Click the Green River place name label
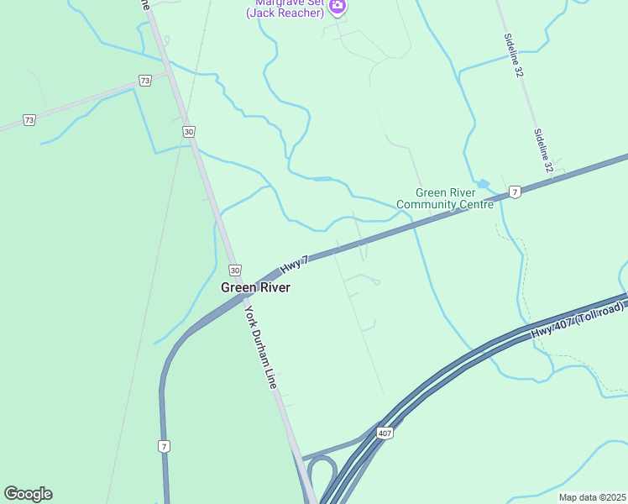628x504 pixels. click(x=255, y=287)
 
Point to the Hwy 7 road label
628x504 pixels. click(x=295, y=264)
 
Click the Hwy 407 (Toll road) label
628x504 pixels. click(x=578, y=321)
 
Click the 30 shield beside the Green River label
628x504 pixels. click(x=234, y=270)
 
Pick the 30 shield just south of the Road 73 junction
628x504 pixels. click(x=188, y=132)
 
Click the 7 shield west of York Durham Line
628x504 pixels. click(x=164, y=446)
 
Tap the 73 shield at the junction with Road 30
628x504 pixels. click(x=145, y=81)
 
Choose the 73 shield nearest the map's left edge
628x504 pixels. click(x=29, y=120)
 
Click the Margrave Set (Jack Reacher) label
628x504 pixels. click(x=285, y=9)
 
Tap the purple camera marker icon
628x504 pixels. click(x=337, y=6)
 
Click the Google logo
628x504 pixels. click(x=28, y=494)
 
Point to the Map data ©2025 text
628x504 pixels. click(x=592, y=497)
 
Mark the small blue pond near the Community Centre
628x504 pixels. click(x=482, y=183)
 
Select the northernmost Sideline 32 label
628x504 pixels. click(x=513, y=55)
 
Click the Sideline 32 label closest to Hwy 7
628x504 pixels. click(x=544, y=151)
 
